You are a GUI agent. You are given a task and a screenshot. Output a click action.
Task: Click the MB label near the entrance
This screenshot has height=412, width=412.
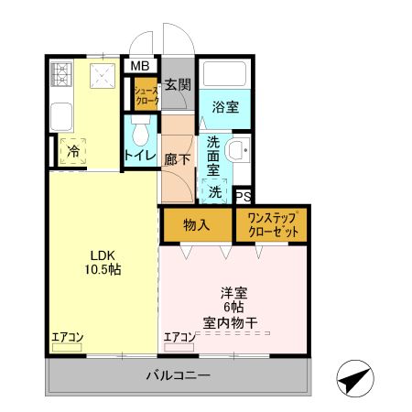140,66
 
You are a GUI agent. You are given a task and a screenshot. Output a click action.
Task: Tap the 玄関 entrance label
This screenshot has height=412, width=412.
178,85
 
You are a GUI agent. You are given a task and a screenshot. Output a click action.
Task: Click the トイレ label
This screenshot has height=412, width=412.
140,156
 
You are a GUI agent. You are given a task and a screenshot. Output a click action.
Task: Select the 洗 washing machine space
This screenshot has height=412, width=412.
214,192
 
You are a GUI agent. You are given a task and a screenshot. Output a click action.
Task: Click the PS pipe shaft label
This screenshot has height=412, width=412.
243,196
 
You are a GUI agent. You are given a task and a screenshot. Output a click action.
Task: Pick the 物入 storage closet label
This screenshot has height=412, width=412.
196,224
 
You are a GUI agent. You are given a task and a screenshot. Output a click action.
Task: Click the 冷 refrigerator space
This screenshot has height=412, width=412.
70,152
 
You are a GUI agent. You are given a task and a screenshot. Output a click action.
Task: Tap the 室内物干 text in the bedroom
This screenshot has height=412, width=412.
236,323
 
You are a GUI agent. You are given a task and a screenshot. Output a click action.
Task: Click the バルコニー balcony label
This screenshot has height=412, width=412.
179,375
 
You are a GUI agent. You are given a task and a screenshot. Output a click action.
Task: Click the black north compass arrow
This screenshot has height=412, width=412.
353,376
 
